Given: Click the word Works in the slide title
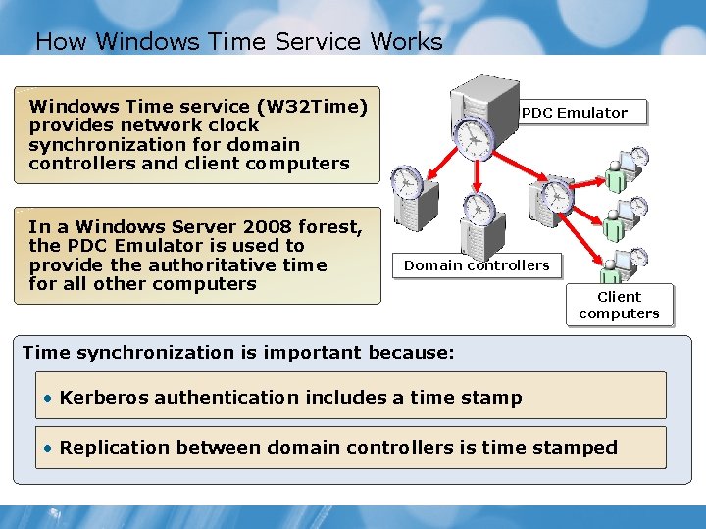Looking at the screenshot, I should tap(406, 42).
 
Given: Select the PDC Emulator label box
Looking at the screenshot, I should tap(575, 113).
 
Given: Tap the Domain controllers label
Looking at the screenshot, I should tap(477, 265).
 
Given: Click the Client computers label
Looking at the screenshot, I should tap(619, 305).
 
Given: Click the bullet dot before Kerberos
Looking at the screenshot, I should tap(47, 398).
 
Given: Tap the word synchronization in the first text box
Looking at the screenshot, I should tap(96, 144).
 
